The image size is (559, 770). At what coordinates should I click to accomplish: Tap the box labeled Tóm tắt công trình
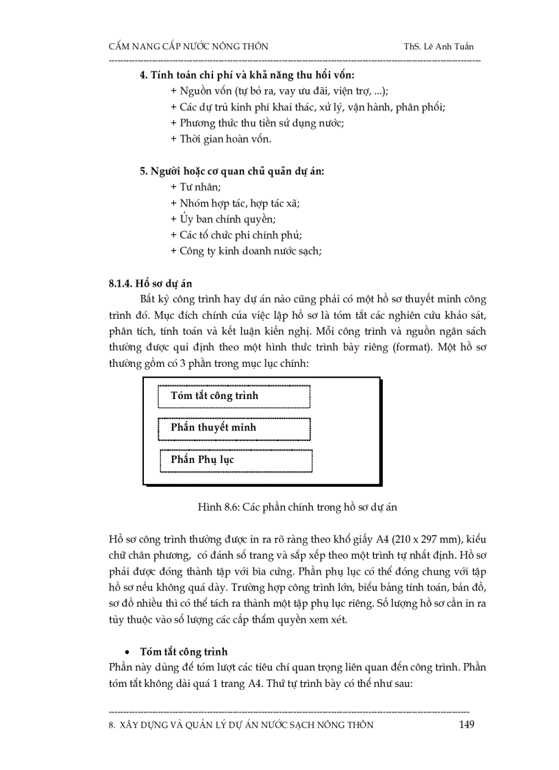234,396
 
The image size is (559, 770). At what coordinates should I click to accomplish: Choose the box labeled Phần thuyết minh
234,428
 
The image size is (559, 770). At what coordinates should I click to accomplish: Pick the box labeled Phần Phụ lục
236,460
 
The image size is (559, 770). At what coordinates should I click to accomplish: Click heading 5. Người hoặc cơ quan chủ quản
232,171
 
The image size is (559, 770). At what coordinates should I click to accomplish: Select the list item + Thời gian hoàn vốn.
221,139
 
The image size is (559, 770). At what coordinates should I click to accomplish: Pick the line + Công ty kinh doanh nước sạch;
246,251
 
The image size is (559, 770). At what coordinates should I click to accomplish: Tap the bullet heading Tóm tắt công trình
184,651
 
